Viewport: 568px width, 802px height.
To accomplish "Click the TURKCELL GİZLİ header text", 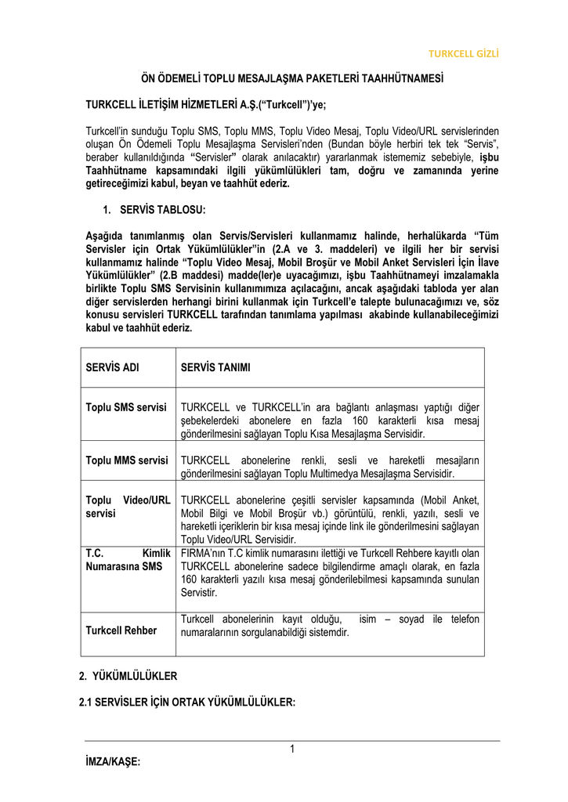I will coord(462,53).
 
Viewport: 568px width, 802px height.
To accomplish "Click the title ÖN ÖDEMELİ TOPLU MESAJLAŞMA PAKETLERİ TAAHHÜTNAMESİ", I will coord(291,79).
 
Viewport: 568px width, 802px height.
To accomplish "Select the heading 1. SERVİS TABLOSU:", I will coord(154,209).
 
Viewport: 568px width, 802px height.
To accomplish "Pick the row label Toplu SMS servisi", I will coord(126,407).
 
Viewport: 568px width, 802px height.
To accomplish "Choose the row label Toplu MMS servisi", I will coord(127,460).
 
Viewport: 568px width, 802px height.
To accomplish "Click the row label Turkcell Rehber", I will coord(121,630).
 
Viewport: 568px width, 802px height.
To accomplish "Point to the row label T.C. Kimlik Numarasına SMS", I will coord(128,559).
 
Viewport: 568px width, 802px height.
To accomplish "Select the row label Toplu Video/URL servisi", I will coord(128,506).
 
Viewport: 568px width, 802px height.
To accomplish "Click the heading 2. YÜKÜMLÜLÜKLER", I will coord(128,675).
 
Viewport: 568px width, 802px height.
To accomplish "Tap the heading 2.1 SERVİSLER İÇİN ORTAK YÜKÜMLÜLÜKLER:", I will coord(187,703).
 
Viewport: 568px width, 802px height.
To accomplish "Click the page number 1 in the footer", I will coord(291,750).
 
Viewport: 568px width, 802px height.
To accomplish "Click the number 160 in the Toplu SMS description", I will coord(363,421).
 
